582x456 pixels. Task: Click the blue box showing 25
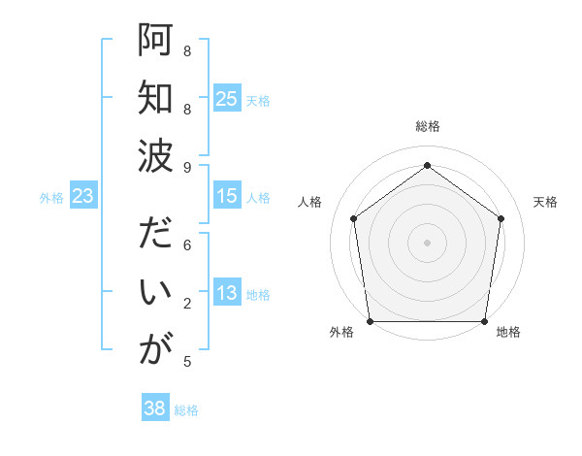226,98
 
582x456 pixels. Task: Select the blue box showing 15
226,196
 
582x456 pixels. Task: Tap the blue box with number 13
226,294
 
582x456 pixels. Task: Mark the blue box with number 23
82,196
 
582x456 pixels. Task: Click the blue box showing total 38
154,408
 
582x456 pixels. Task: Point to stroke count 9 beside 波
187,166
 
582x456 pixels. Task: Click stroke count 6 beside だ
187,245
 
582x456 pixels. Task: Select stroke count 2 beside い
187,304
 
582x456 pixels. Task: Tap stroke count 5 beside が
187,362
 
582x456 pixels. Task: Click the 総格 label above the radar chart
427,127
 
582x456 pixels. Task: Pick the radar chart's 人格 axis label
310,202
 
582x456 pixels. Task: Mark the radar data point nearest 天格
501,218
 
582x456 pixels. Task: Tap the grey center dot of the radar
427,242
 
